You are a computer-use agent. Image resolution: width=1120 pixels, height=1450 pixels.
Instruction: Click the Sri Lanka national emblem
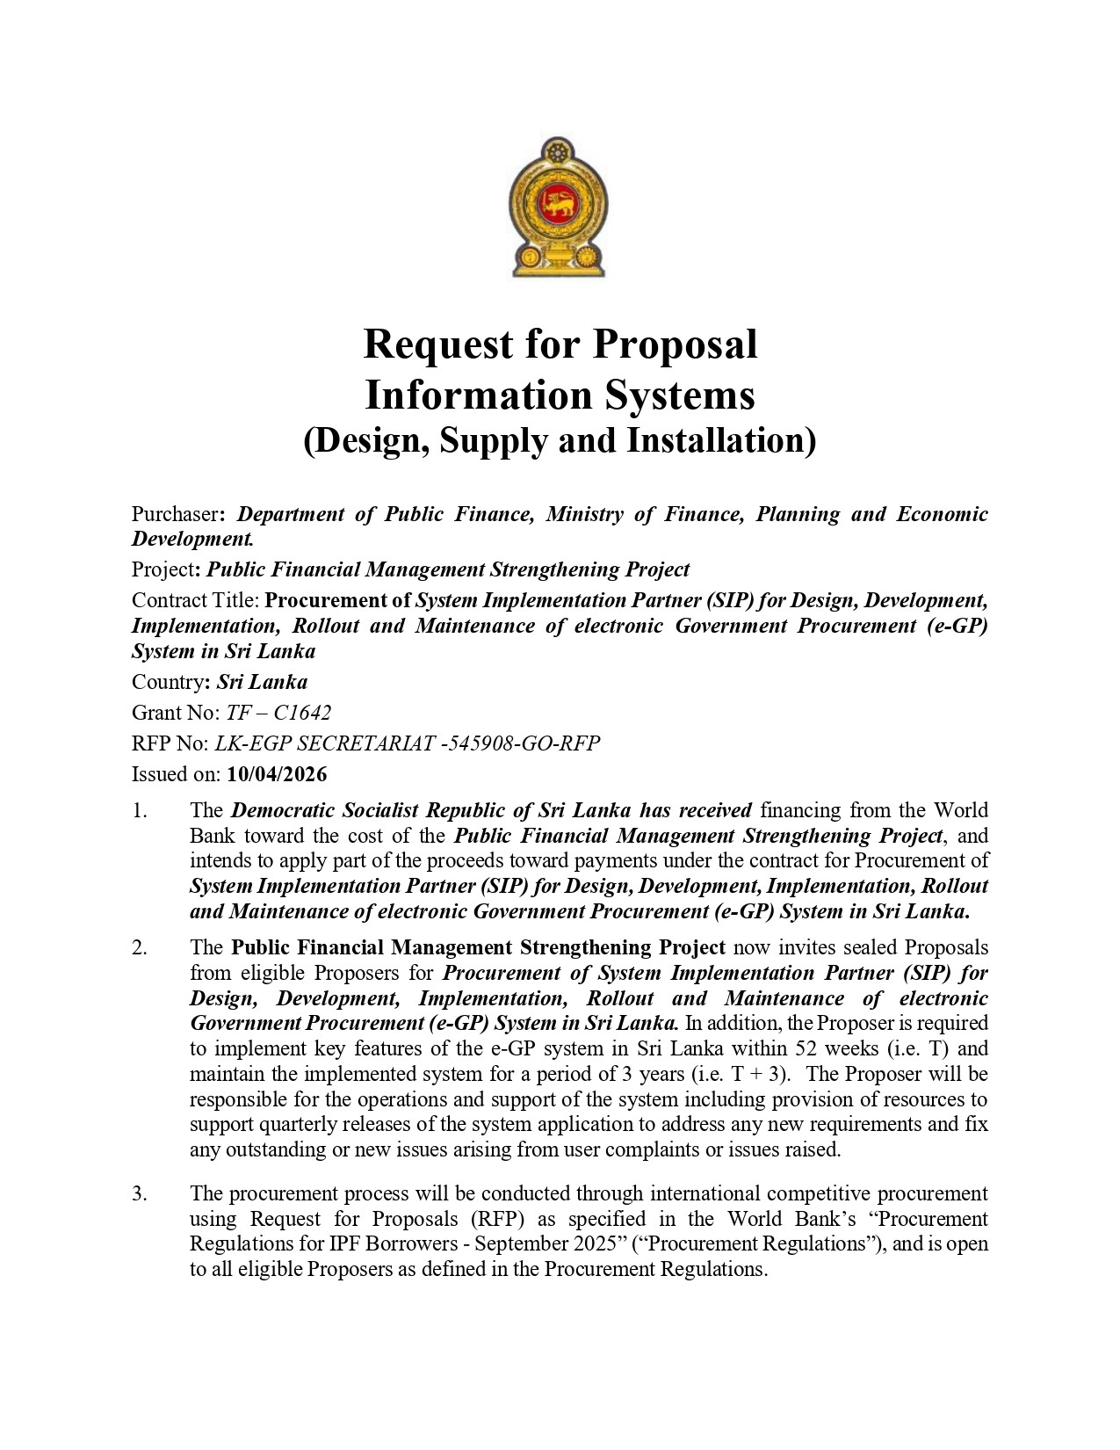(x=560, y=208)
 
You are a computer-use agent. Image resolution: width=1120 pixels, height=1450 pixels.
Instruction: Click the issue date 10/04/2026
(x=277, y=774)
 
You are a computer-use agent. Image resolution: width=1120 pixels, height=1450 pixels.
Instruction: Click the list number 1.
(x=140, y=810)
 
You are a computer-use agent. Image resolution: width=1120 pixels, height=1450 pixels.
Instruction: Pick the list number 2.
(x=140, y=948)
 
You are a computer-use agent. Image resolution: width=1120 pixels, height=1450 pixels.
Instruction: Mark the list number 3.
(x=140, y=1193)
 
